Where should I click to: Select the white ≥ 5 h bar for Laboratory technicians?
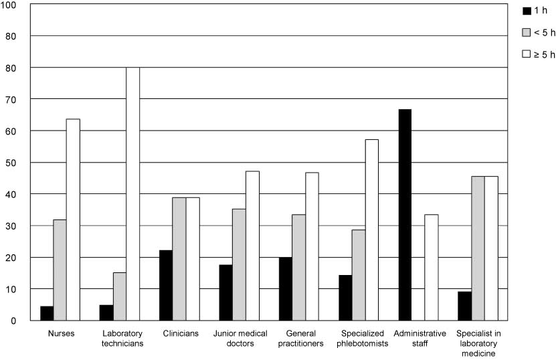pyautogui.click(x=132, y=194)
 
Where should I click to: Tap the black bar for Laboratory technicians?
pyautogui.click(x=106, y=312)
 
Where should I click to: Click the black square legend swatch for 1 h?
pyautogui.click(x=526, y=11)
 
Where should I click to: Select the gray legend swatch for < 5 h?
pyautogui.click(x=526, y=32)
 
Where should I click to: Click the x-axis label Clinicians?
pyautogui.click(x=179, y=333)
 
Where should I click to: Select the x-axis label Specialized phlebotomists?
pyautogui.click(x=365, y=338)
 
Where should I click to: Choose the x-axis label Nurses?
pyautogui.click(x=61, y=333)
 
